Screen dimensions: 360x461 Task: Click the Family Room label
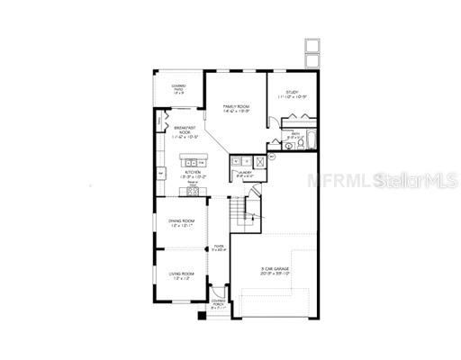point(238,107)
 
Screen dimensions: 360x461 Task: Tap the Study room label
point(292,94)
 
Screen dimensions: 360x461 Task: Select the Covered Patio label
point(179,89)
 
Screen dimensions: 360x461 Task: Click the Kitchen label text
point(193,173)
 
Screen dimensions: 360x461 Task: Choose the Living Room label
point(182,274)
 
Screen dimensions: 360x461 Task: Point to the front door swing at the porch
point(216,290)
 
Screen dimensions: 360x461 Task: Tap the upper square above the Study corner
point(312,44)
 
